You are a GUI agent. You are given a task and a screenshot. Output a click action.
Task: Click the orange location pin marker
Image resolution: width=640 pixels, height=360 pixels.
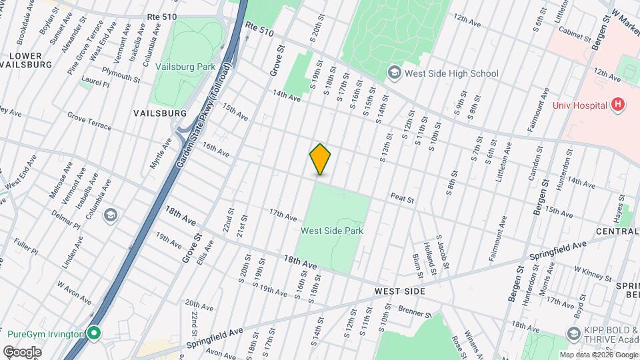tap(321, 159)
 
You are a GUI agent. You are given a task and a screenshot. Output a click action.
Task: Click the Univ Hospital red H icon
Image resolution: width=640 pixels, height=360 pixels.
tap(618, 105)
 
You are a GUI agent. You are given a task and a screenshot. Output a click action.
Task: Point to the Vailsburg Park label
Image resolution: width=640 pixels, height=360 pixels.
tap(185, 67)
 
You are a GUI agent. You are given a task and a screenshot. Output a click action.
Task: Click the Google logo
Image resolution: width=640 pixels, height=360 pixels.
tap(22, 351)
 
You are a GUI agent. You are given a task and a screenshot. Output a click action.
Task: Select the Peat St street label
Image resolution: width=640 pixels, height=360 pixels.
tap(402, 198)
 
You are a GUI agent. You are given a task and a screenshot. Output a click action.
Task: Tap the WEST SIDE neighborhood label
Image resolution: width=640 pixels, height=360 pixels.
tap(399, 291)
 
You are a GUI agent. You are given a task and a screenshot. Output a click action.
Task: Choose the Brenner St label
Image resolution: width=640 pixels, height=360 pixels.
tap(416, 311)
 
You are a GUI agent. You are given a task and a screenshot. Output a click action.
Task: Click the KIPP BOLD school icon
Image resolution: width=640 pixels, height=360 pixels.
tap(573, 333)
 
